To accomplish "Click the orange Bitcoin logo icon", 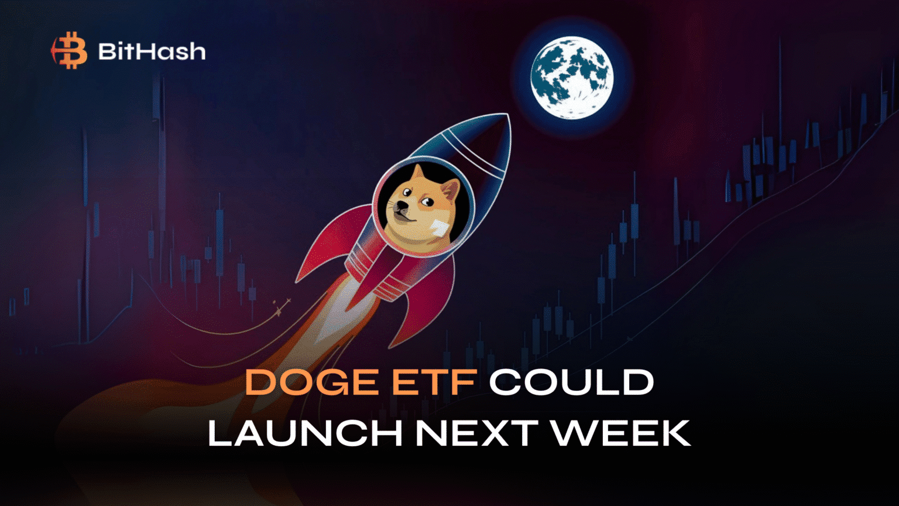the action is pos(70,50).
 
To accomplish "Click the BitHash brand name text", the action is pos(152,52).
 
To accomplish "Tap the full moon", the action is pos(572,78).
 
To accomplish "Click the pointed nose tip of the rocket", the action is pos(509,115).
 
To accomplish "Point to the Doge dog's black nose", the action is pos(397,206).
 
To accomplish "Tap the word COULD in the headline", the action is pos(571,382).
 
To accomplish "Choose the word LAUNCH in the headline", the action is pos(304,433).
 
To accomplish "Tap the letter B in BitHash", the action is pos(108,52).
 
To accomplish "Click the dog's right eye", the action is pos(429,201).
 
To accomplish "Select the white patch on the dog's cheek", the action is pos(440,231).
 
